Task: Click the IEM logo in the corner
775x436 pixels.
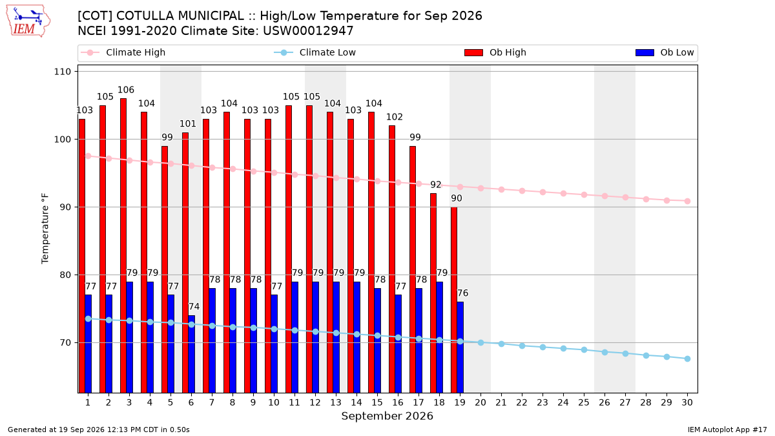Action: click(28, 21)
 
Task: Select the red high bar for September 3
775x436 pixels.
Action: click(123, 245)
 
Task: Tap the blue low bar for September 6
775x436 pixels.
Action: click(191, 354)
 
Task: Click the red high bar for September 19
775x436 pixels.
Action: click(453, 300)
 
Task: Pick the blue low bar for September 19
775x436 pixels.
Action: click(460, 347)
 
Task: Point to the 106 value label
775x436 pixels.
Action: click(125, 90)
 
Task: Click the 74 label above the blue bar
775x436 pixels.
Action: click(194, 307)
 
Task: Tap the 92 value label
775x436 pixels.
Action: click(435, 185)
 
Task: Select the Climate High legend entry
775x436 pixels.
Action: click(123, 52)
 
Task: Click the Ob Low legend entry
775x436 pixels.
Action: click(665, 52)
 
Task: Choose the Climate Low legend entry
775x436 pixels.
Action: click(315, 52)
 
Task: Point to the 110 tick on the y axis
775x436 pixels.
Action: click(62, 72)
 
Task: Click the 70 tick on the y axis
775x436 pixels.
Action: click(65, 342)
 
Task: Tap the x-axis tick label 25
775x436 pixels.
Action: click(584, 402)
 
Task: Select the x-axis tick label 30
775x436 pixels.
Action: click(687, 402)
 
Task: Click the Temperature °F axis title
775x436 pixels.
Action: click(45, 229)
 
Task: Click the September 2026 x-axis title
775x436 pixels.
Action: click(387, 416)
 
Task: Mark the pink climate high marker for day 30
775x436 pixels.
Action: click(687, 201)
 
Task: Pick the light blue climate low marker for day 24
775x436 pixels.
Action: click(563, 348)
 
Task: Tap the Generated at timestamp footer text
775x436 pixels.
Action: click(99, 430)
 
